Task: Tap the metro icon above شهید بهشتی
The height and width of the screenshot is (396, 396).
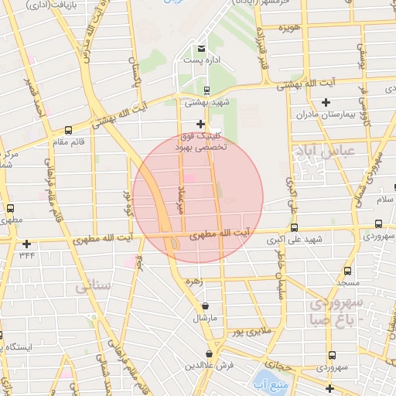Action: tap(206, 90)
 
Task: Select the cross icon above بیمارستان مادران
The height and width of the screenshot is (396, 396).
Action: tap(326, 102)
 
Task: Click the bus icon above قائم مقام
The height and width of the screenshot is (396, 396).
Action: tap(69, 130)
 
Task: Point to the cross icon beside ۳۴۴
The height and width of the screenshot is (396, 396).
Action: tap(27, 244)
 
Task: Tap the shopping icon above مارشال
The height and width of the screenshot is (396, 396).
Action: tap(205, 306)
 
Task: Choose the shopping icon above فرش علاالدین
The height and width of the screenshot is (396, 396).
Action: tap(210, 353)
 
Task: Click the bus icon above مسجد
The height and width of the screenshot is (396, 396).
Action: tap(347, 271)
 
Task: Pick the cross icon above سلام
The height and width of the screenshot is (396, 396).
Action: tap(379, 188)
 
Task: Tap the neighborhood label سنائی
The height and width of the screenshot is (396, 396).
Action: tap(94, 287)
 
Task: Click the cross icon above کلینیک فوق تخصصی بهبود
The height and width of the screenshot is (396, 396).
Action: tap(200, 124)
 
